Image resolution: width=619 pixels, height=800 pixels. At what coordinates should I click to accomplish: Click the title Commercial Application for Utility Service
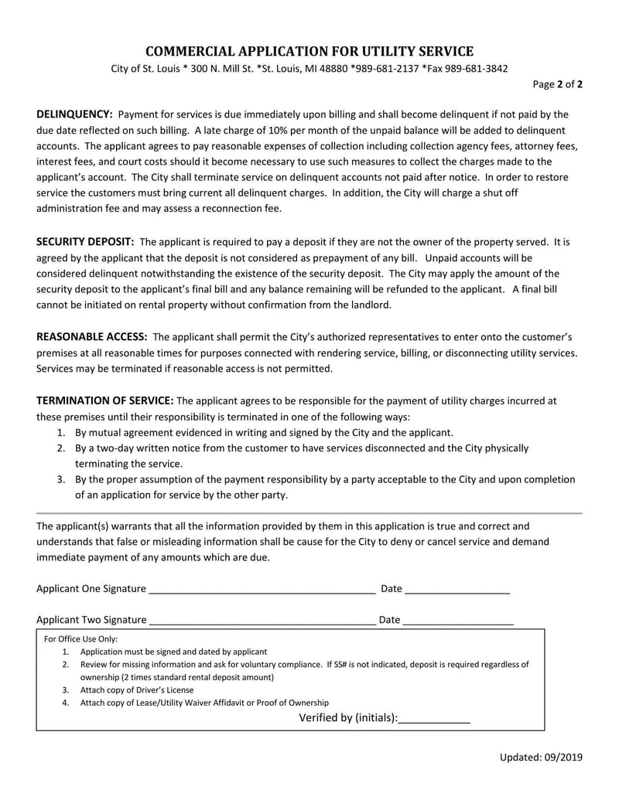(309, 52)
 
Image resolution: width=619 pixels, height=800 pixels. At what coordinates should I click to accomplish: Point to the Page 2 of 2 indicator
(558, 84)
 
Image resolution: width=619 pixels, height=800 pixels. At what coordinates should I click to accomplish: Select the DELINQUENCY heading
(74, 114)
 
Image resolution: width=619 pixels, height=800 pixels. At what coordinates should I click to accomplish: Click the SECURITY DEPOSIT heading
(85, 242)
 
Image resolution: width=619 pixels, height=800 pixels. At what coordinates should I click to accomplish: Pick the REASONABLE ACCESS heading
(92, 337)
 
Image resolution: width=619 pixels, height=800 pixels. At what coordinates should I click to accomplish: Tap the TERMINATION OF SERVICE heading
(105, 400)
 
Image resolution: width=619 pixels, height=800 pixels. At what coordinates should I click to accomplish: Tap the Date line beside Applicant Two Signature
(457, 621)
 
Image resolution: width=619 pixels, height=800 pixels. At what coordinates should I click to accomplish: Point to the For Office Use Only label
(80, 639)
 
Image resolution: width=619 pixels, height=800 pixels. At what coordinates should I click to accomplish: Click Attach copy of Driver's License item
(137, 689)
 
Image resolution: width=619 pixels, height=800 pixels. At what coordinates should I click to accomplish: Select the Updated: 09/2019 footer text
(541, 757)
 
